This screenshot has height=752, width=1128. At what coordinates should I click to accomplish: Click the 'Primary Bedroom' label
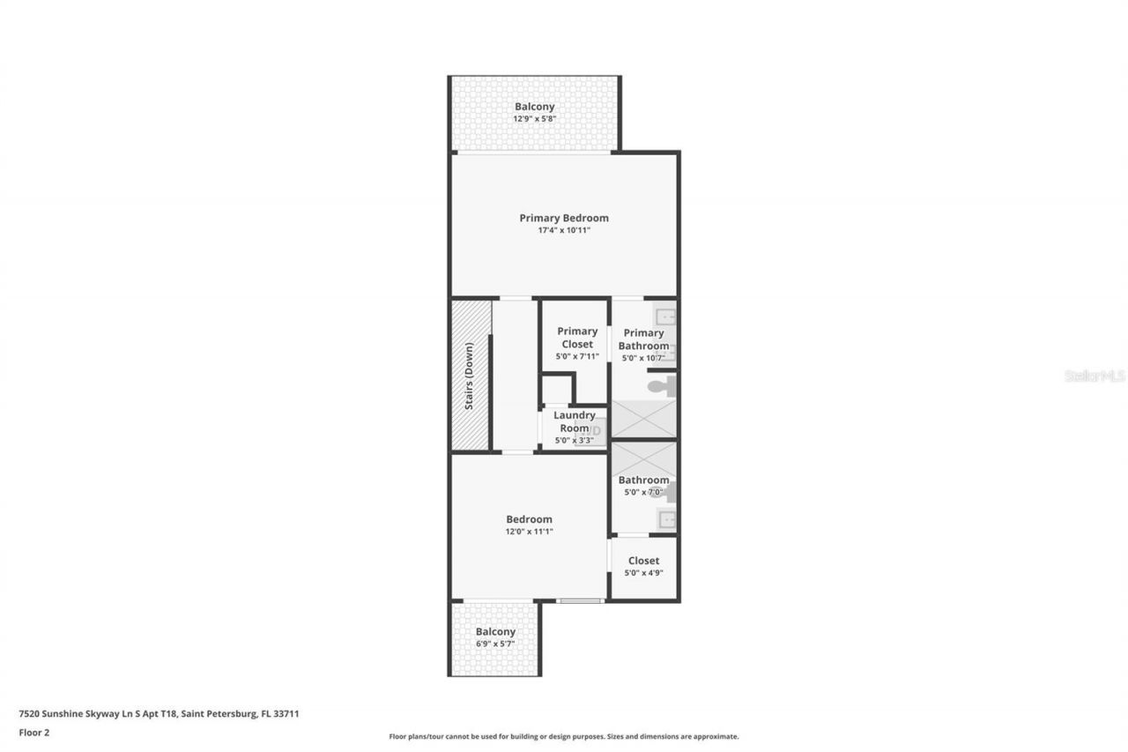(x=564, y=218)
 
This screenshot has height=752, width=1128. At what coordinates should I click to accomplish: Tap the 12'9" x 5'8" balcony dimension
(x=535, y=119)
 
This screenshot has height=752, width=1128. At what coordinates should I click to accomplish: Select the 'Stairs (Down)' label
(x=470, y=376)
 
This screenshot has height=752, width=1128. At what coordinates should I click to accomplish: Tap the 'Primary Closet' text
(x=577, y=338)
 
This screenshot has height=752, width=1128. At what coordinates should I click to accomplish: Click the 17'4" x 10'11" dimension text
(x=564, y=230)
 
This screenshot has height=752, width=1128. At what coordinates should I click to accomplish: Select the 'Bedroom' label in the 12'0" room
(x=529, y=519)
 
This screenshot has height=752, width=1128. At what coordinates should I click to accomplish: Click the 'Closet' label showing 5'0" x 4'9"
(x=643, y=561)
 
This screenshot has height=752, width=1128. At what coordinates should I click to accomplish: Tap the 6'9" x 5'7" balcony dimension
(x=495, y=644)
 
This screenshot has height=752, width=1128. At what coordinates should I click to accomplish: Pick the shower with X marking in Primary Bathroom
(x=643, y=419)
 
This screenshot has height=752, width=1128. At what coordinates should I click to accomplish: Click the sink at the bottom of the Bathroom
(x=667, y=518)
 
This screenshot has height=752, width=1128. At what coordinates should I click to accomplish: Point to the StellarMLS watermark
(x=1095, y=376)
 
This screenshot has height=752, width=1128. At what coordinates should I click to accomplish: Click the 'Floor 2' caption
(x=34, y=732)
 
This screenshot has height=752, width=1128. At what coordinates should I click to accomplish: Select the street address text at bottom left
(x=160, y=714)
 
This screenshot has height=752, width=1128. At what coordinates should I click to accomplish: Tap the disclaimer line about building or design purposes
(x=564, y=736)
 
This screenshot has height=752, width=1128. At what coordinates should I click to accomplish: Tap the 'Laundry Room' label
(x=575, y=421)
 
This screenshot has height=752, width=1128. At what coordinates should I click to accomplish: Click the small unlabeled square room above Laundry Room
(x=556, y=389)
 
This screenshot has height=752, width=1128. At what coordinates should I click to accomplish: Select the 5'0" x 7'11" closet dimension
(x=577, y=357)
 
